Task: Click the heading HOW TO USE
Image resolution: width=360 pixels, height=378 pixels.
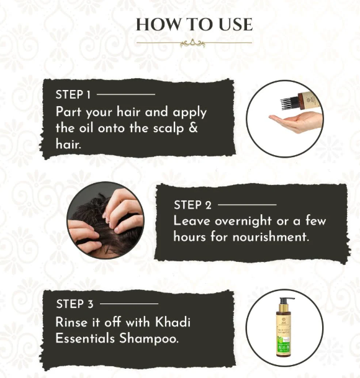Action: pos(194,25)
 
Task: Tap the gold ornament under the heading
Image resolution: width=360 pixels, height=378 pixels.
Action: pos(192,43)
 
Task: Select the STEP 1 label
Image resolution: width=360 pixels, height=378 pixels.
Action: pos(73,94)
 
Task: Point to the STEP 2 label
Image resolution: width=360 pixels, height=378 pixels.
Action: pos(192,205)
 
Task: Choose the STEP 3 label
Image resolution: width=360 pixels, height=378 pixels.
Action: pos(74,304)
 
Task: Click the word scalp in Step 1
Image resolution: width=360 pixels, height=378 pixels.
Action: pos(169,128)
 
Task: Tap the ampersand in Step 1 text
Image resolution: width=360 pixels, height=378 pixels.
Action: pos(193,127)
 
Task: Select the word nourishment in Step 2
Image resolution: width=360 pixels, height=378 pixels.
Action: pos(271,236)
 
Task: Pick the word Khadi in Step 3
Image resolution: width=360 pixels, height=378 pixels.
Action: pos(173,322)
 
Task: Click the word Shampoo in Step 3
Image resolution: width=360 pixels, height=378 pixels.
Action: pos(149,339)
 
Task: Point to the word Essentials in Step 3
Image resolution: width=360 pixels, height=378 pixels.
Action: pos(85,338)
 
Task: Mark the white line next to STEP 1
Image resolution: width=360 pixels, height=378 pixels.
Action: pos(126,94)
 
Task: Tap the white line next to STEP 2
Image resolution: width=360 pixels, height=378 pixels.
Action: pos(247,205)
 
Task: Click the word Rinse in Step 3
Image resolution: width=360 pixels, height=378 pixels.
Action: pos(71,322)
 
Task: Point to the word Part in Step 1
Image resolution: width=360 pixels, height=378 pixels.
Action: pos(68,112)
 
